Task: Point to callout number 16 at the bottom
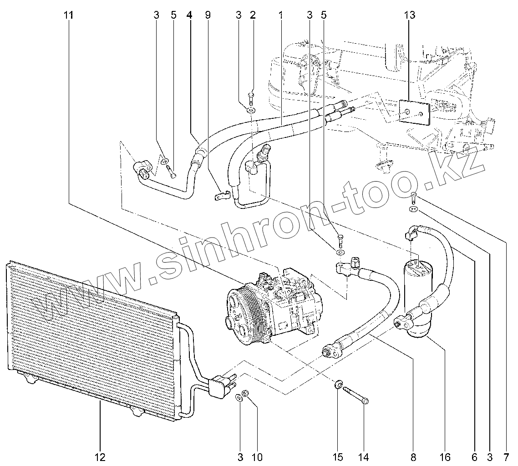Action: pos(445,456)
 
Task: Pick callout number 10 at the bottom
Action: pos(257,456)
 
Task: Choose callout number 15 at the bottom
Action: pos(337,456)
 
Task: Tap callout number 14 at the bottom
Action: pos(364,456)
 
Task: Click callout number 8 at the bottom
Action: pos(413,456)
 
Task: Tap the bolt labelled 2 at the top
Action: pos(251,98)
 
